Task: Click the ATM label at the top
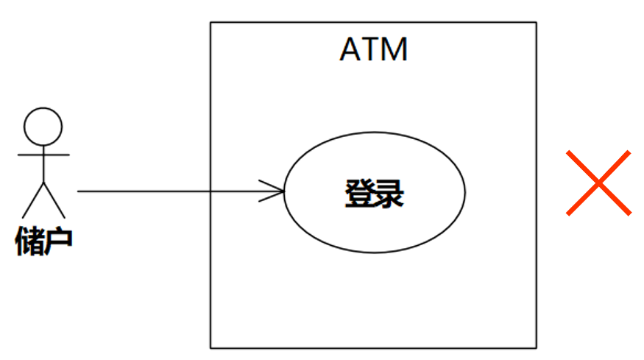373,49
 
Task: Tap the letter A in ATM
350,49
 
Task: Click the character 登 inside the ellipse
358,193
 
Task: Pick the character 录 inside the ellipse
389,193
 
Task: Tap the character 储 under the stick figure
29,241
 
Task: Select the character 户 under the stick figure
58,241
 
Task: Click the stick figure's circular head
43,126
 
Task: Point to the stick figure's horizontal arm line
43,155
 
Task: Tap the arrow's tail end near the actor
79,191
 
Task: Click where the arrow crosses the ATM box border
210,191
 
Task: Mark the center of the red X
598,183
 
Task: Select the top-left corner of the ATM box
210,22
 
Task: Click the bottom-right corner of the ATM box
536,347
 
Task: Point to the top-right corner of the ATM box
536,22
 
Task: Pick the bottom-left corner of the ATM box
210,347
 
